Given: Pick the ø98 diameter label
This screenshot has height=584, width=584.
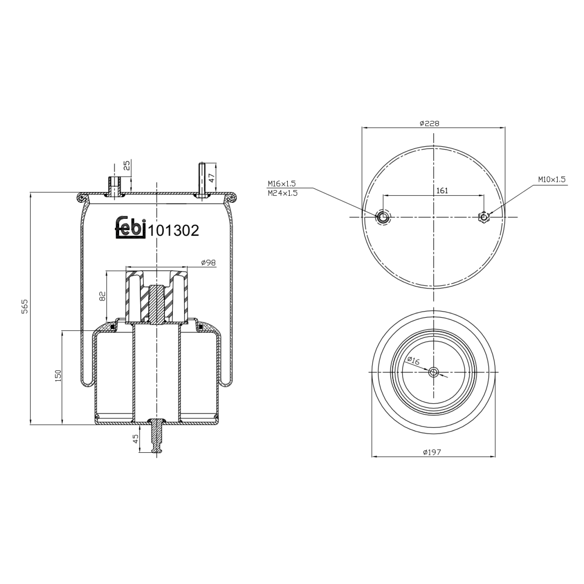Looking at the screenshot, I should [x=208, y=263].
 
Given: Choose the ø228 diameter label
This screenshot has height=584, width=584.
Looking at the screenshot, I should [x=429, y=123].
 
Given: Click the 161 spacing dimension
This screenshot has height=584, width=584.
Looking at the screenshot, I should [x=442, y=190].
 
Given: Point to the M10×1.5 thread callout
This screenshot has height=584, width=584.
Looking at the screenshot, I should [x=552, y=179].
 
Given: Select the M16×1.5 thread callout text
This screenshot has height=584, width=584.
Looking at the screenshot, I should [x=281, y=183].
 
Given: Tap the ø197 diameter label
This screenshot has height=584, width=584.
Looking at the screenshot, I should [x=432, y=452].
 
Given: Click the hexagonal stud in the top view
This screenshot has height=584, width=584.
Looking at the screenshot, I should [x=484, y=217].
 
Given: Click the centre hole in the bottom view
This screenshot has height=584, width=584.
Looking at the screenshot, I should [x=433, y=372].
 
